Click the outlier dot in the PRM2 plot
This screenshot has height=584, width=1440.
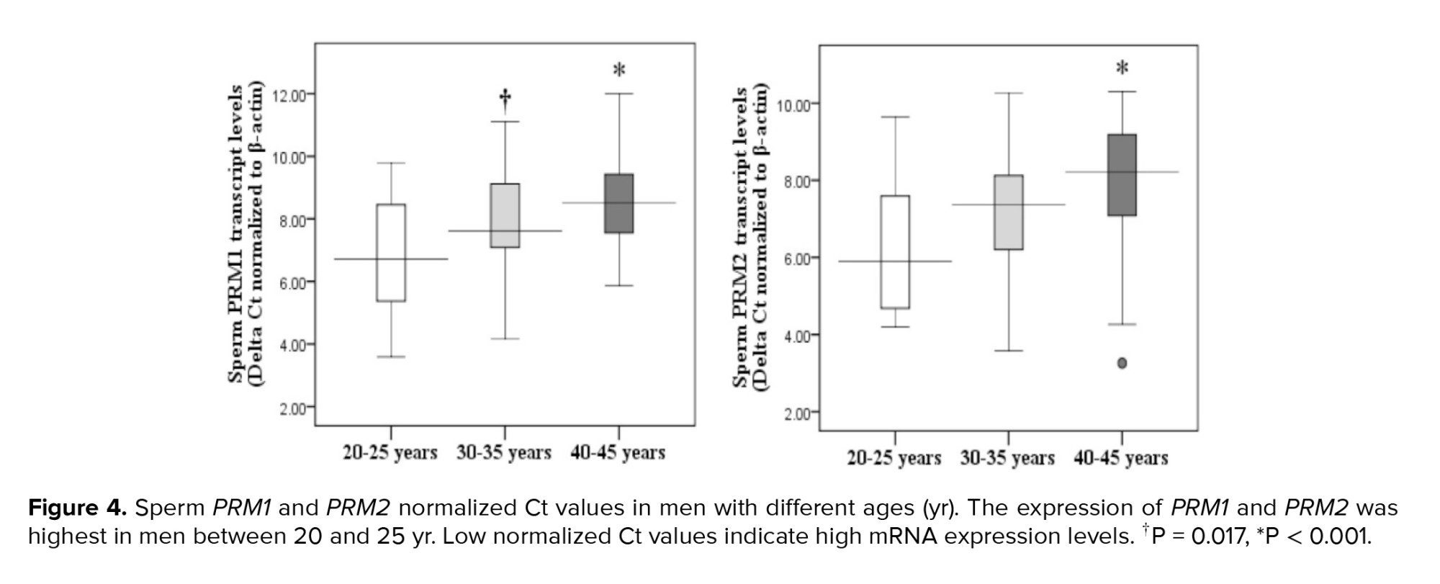1122,363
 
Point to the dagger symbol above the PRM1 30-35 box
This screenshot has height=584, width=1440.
505,99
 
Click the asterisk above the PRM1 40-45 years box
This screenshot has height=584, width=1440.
619,71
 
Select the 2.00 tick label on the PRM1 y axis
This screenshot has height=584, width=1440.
292,408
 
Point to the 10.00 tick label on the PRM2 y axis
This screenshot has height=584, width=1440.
796,104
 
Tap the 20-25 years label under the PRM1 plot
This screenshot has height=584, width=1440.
390,453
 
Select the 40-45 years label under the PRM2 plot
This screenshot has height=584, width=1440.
1120,458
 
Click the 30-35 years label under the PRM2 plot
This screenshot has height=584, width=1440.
1007,458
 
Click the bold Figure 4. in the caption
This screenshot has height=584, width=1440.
78,508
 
